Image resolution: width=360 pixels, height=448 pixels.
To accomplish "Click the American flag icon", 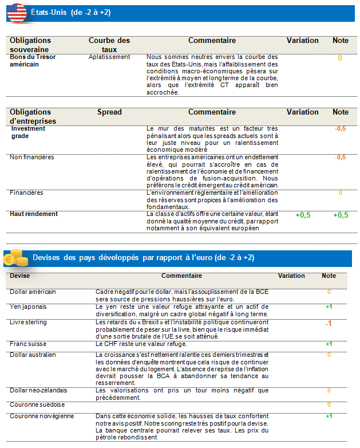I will (x=17, y=12).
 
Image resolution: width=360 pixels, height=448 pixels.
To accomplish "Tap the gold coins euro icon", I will (x=16, y=258).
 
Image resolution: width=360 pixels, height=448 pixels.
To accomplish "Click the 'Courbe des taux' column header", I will (x=109, y=45).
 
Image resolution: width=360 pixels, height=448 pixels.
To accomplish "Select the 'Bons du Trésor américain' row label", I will (x=33, y=61).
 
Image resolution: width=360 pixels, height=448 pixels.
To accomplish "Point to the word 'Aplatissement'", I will (x=109, y=57).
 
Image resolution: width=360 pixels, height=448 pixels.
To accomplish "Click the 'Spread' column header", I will (x=109, y=112).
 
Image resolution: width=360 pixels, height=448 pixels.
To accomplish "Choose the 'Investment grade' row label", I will (x=28, y=132).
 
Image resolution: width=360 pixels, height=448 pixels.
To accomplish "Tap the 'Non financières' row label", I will (x=31, y=157).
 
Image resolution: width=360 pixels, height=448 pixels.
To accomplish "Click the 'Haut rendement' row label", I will (x=34, y=214).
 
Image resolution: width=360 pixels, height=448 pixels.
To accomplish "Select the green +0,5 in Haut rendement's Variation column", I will (x=303, y=215).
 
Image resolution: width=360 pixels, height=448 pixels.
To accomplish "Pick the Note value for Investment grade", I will (x=340, y=129).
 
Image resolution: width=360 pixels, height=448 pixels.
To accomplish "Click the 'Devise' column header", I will (x=20, y=276).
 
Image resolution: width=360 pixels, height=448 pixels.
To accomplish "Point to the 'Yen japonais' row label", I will (x=29, y=306).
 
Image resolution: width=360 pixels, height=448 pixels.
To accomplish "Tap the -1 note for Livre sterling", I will (x=329, y=324).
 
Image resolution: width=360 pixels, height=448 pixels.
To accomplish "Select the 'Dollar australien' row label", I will (x=33, y=355).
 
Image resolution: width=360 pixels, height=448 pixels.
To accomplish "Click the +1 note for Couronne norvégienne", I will (x=329, y=416).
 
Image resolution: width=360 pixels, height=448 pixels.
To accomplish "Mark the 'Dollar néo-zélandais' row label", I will (x=38, y=390).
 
